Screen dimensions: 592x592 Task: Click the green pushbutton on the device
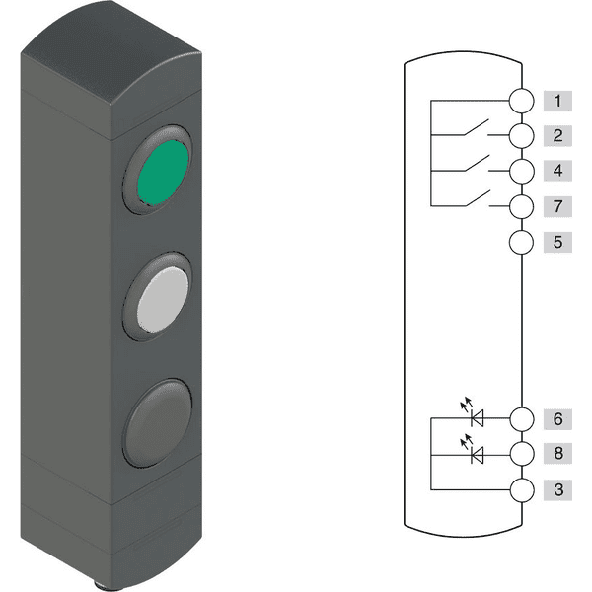[x=163, y=173]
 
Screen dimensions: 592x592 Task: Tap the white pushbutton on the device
[x=163, y=300]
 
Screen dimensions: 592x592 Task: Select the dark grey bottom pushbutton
[x=158, y=423]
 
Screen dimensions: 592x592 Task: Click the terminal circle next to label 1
[x=521, y=101]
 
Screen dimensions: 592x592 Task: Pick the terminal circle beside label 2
[x=521, y=135]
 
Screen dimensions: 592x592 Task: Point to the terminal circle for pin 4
[x=521, y=171]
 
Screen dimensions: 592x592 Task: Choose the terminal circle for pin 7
[x=521, y=206]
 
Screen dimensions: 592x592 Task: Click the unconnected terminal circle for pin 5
[x=521, y=242]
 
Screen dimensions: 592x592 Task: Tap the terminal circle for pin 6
[x=522, y=419]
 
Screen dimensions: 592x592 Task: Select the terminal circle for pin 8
[x=522, y=454]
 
